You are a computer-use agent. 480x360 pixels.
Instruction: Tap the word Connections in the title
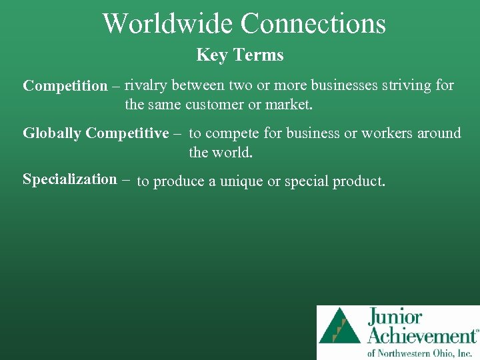313,23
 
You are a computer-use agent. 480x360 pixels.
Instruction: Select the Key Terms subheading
240,55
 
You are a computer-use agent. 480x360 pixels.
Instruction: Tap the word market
292,105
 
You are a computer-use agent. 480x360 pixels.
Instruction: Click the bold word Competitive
127,133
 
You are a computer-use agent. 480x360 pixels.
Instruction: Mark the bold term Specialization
69,179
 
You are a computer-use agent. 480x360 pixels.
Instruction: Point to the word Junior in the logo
394,317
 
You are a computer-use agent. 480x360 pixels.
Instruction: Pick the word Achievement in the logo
422,335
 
